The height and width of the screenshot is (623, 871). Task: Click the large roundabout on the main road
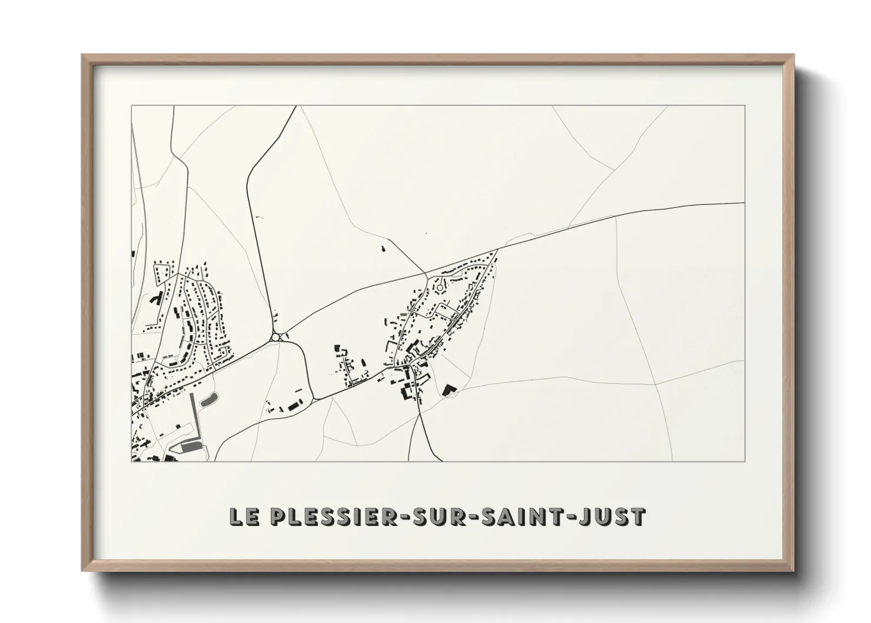pyautogui.click(x=275, y=337)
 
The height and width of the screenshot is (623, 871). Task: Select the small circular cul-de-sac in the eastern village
pyautogui.click(x=439, y=287)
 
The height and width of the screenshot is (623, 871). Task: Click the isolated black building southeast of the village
pyautogui.click(x=448, y=390)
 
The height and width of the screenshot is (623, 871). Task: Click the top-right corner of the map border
pyautogui.click(x=744, y=106)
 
